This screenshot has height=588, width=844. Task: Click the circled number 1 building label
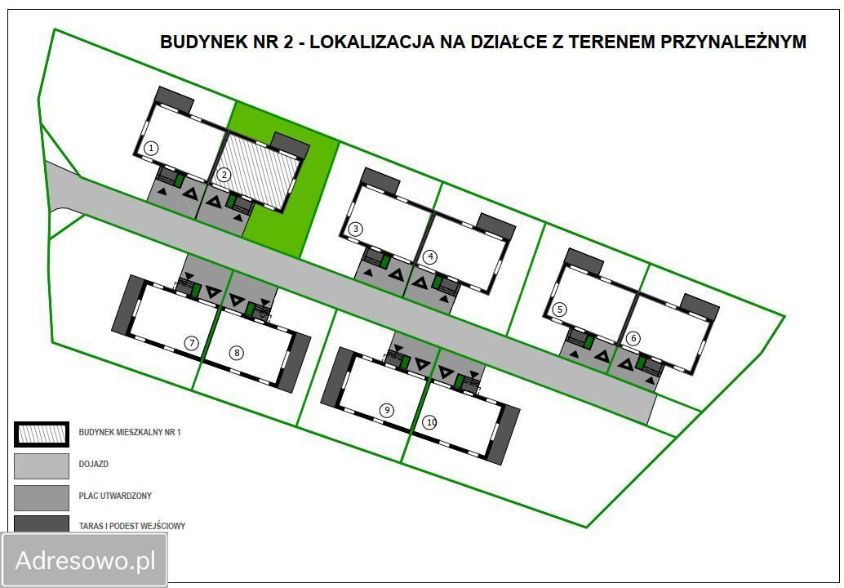151,148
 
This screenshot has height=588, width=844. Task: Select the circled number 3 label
355,229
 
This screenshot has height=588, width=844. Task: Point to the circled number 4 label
430,256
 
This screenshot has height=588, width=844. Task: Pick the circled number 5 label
559,310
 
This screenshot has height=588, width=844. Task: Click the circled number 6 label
633,337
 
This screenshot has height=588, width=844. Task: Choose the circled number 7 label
192,343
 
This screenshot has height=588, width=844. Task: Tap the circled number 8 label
237,353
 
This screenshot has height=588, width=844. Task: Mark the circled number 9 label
387,409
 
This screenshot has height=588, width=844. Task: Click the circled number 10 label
430,422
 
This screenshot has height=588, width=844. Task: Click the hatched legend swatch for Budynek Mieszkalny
42,433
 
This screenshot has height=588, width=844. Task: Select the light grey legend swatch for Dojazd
42,465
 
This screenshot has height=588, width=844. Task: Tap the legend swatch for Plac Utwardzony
42,497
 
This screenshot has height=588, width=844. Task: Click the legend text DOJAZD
94,464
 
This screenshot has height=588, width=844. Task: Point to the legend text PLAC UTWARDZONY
115,496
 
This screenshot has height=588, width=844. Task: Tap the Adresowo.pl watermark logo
85,560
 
